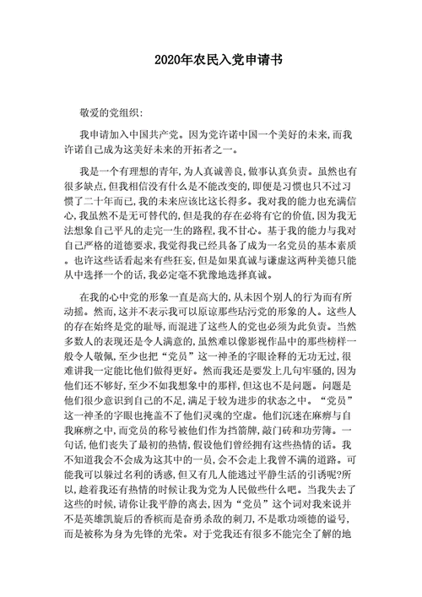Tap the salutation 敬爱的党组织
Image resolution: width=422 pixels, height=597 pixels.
[112, 111]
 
